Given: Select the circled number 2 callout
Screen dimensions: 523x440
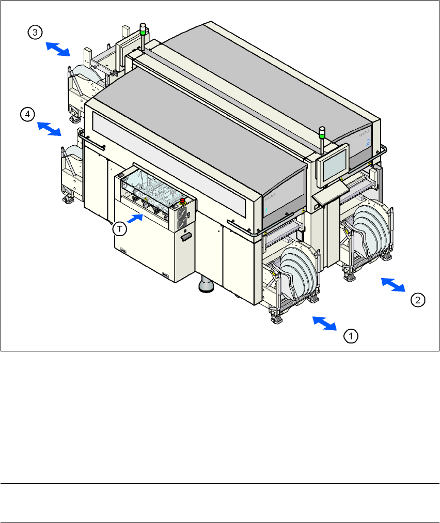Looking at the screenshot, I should point(418,299).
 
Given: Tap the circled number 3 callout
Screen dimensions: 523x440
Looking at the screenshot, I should point(35,33).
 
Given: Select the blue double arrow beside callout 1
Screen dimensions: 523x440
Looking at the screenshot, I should point(325,323).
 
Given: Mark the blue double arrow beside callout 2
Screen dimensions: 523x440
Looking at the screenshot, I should point(393,285).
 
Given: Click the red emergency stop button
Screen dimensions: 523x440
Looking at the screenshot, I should point(182,200).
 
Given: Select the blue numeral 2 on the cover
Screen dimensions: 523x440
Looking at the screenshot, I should point(368,142).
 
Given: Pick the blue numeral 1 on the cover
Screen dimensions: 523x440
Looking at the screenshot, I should point(266,210).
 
